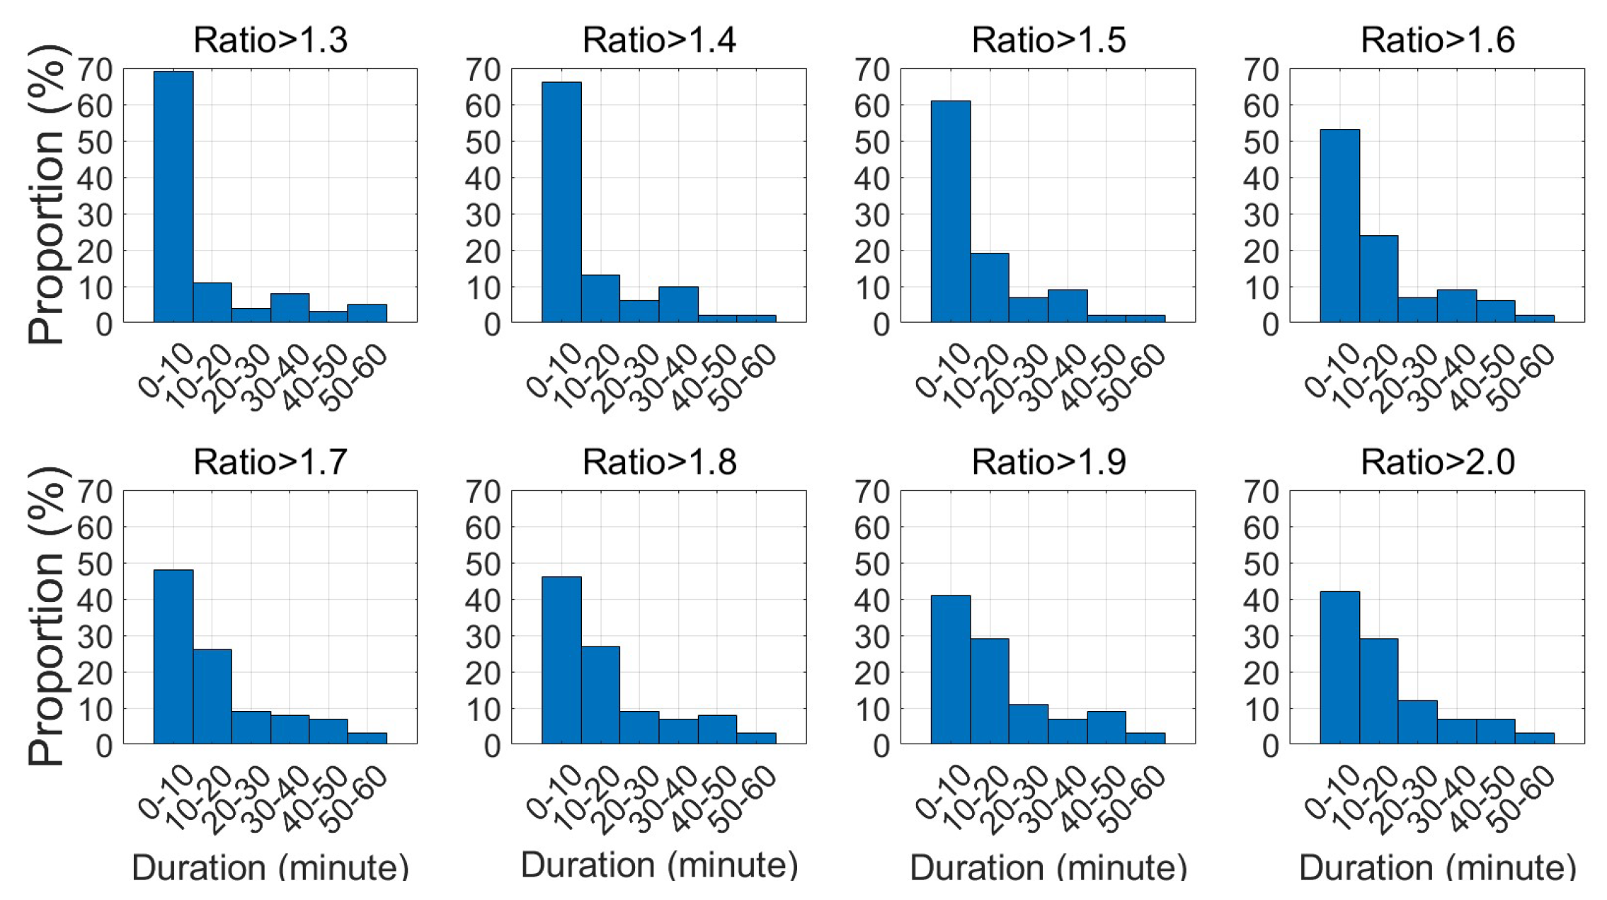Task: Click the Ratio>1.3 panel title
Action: click(270, 40)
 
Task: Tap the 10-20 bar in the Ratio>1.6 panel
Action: click(1378, 279)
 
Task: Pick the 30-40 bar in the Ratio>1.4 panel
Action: click(678, 304)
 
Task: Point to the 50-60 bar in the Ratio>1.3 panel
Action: click(367, 313)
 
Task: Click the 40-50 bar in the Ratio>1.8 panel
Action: click(717, 729)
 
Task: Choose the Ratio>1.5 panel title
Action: click(1048, 40)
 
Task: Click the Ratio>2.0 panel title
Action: click(1438, 462)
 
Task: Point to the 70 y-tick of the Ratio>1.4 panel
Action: click(483, 69)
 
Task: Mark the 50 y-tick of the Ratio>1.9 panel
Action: click(871, 564)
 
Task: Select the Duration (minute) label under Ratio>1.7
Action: click(270, 867)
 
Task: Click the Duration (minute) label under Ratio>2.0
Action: click(1438, 867)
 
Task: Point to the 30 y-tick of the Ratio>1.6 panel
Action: click(1261, 215)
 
